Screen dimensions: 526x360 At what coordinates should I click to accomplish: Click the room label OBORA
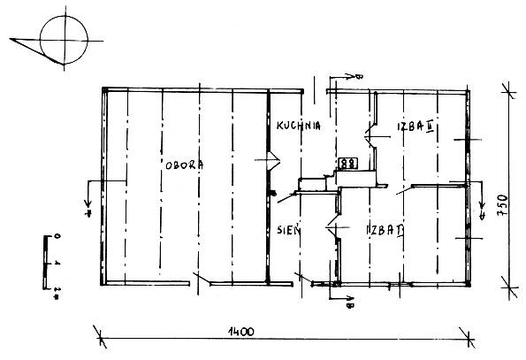coord(184,165)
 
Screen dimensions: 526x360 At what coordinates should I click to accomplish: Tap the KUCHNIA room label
coord(298,126)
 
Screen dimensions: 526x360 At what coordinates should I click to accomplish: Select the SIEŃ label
coord(289,230)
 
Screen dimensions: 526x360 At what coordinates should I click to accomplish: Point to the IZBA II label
coord(415,126)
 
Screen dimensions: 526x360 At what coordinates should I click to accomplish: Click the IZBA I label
coord(385,230)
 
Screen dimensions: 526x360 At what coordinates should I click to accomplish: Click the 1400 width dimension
coord(240,332)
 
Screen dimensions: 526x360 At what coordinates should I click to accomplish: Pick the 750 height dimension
coord(504,205)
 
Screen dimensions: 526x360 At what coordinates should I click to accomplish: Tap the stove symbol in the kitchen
coord(348,164)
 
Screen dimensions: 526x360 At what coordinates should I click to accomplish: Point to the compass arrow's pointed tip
coord(10,39)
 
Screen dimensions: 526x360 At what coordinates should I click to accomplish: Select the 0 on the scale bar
coord(57,236)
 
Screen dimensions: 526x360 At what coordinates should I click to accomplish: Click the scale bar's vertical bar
coord(44,263)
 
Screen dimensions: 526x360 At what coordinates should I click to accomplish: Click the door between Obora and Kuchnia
coord(272,160)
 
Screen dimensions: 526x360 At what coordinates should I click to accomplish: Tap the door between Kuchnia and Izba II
coord(371,136)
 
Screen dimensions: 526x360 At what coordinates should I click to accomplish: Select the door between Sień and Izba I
coord(334,227)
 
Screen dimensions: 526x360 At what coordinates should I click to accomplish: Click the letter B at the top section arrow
coord(359,77)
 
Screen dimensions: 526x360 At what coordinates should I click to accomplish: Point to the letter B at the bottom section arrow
coord(349,305)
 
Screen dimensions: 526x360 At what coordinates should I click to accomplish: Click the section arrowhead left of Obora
coord(88,203)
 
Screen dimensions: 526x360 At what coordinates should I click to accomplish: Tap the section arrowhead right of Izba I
coord(482,205)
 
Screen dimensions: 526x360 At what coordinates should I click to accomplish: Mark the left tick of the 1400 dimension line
coord(100,337)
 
